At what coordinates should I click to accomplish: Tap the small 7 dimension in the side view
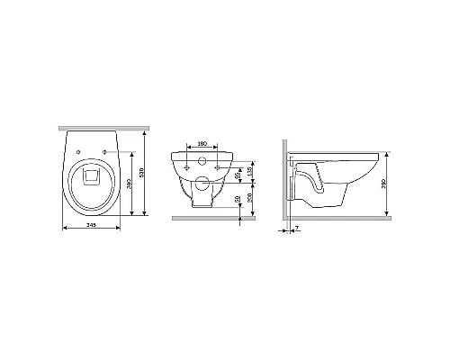coord(298,230)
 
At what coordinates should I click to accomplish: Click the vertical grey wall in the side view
coord(283,180)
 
